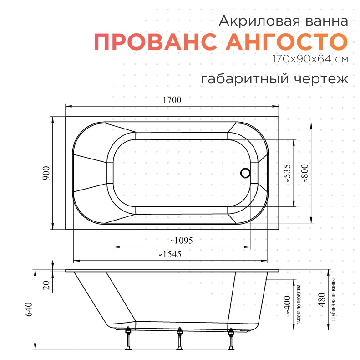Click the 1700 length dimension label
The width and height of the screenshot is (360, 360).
[x=172, y=100]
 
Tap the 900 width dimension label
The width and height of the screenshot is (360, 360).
[x=46, y=173]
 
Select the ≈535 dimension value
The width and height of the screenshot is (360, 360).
[x=287, y=173]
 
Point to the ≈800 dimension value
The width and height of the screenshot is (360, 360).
[x=304, y=173]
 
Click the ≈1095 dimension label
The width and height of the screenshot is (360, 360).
[x=182, y=241]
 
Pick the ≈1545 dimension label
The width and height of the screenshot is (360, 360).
[x=170, y=254]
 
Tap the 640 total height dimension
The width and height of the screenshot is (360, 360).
[x=29, y=310]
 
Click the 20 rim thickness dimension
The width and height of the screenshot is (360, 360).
[x=46, y=285]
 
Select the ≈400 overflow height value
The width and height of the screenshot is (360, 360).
[x=287, y=305]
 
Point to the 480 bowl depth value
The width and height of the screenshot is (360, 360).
[x=322, y=300]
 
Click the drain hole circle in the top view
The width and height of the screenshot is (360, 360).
[x=245, y=173]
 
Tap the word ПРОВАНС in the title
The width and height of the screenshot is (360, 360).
[x=156, y=42]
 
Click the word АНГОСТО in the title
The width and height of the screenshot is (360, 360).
[x=287, y=42]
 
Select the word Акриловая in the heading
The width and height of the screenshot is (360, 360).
[x=259, y=21]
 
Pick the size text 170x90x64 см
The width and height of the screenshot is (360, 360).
[x=310, y=59]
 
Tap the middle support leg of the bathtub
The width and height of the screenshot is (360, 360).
[x=179, y=339]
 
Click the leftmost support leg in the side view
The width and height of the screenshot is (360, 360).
[x=128, y=338]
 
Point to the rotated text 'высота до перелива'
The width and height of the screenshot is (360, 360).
[x=299, y=305]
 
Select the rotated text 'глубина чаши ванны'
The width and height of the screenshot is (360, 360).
[x=334, y=300]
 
